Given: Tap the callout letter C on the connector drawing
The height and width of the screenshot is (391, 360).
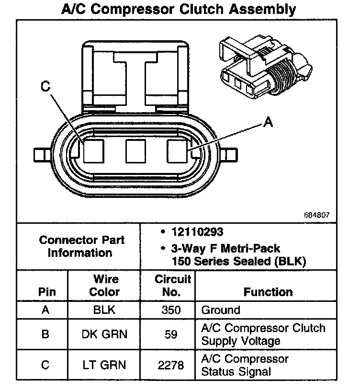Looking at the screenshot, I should pyautogui.click(x=45, y=86).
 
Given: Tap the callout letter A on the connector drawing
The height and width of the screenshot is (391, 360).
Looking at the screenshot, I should pyautogui.click(x=268, y=123).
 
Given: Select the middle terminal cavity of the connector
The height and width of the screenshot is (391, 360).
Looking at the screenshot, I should pyautogui.click(x=135, y=151).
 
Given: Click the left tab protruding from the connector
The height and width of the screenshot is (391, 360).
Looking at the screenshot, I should pyautogui.click(x=41, y=154).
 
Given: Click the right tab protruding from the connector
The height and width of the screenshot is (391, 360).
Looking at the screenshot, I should pyautogui.click(x=229, y=154).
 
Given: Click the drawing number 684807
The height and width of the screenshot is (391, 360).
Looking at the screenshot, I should pyautogui.click(x=316, y=215).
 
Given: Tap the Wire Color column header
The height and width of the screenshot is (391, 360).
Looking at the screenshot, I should pyautogui.click(x=104, y=286).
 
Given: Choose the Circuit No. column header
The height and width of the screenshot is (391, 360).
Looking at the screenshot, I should pyautogui.click(x=172, y=286).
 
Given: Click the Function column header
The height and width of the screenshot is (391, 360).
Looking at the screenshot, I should pyautogui.click(x=268, y=292).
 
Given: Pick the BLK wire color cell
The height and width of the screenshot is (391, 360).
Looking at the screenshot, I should pyautogui.click(x=104, y=310).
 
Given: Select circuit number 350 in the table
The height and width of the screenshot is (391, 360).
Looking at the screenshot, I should pyautogui.click(x=171, y=310).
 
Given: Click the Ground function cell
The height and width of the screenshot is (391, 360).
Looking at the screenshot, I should pyautogui.click(x=221, y=310).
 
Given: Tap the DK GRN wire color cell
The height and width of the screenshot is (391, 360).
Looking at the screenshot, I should pyautogui.click(x=104, y=334).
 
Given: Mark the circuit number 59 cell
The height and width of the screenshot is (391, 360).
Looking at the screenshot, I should pyautogui.click(x=171, y=334).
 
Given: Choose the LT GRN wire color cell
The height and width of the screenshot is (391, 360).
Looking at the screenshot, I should pyautogui.click(x=104, y=365).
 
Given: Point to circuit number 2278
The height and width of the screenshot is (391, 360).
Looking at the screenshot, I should pyautogui.click(x=171, y=365).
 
